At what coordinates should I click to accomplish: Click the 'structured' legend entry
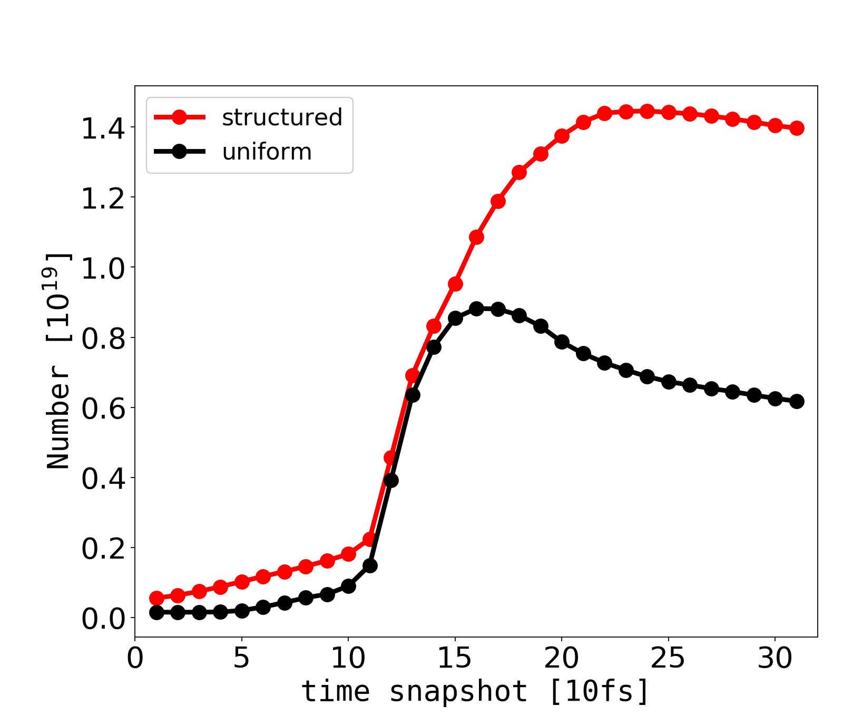(282, 117)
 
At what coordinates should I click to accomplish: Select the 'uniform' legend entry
(267, 152)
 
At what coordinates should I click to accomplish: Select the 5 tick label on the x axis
(242, 659)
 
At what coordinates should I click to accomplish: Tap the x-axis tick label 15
(455, 659)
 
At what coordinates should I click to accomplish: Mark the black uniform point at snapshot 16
(476, 309)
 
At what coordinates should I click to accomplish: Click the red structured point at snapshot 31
(797, 128)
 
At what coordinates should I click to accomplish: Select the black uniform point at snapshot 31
(797, 401)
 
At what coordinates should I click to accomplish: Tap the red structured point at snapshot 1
(156, 598)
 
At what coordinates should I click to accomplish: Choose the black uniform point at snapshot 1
(156, 612)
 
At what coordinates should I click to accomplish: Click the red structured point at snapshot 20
(562, 136)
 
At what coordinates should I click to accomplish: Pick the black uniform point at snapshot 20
(562, 342)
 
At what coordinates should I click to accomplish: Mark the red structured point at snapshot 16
(476, 237)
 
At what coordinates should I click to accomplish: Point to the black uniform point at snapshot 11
(370, 566)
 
